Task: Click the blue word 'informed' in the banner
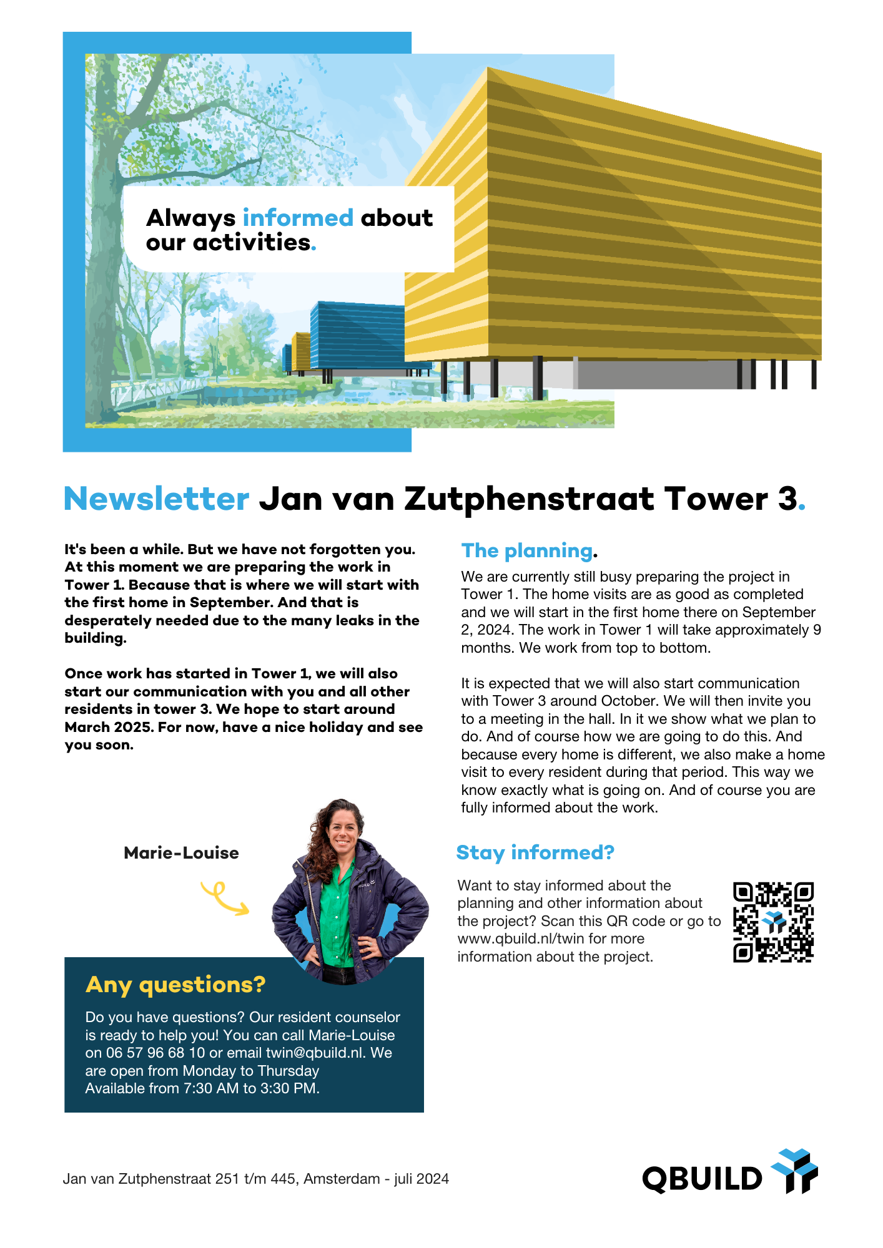298,218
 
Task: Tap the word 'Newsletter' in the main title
157,499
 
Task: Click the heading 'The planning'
526,550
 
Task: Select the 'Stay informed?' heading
535,852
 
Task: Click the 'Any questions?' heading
175,985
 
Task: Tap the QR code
773,922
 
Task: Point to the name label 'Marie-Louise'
181,853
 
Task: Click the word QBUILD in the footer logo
703,1179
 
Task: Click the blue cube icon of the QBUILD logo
795,1170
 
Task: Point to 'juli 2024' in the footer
422,1179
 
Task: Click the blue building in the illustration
356,336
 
